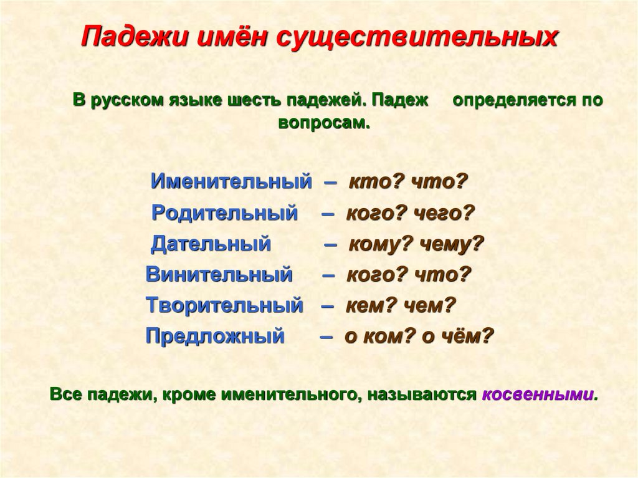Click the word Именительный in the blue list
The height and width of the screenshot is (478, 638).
pyautogui.click(x=231, y=182)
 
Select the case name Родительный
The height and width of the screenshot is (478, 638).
pyautogui.click(x=225, y=213)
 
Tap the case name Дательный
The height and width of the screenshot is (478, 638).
pyautogui.click(x=211, y=244)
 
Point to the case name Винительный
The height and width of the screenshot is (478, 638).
pyautogui.click(x=219, y=274)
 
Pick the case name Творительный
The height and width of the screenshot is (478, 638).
pyautogui.click(x=224, y=305)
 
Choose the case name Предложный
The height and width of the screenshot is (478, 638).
pyautogui.click(x=215, y=337)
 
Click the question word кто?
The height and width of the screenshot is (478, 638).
pyautogui.click(x=369, y=182)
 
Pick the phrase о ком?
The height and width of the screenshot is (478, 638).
pyautogui.click(x=379, y=337)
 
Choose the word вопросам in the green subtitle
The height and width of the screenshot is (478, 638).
pyautogui.click(x=323, y=122)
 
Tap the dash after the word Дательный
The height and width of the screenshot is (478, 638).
pyautogui.click(x=331, y=244)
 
